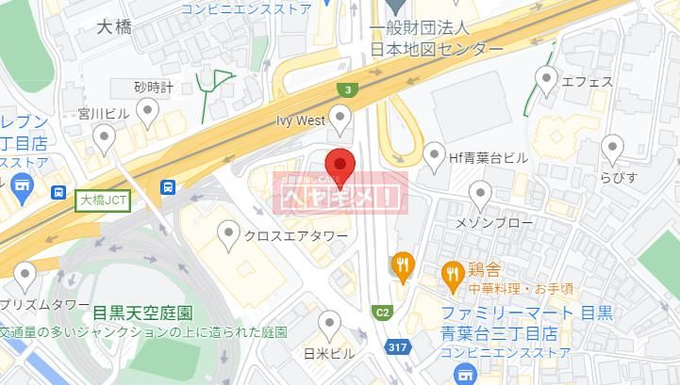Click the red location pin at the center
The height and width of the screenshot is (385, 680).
coord(340,166)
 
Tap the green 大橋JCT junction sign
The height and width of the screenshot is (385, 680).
coord(103,200)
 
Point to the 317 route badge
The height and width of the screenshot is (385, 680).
coord(396,348)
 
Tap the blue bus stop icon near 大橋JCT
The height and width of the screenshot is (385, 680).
coord(168,188)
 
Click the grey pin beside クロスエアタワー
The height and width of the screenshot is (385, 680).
coord(228,233)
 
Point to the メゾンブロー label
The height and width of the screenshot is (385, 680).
coord(494,223)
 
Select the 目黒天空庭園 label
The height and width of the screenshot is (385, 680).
coord(142,312)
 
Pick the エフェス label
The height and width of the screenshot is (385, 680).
coord(587,82)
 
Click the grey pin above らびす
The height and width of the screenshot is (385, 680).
coord(613,148)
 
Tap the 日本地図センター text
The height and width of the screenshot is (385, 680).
coord(437,48)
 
